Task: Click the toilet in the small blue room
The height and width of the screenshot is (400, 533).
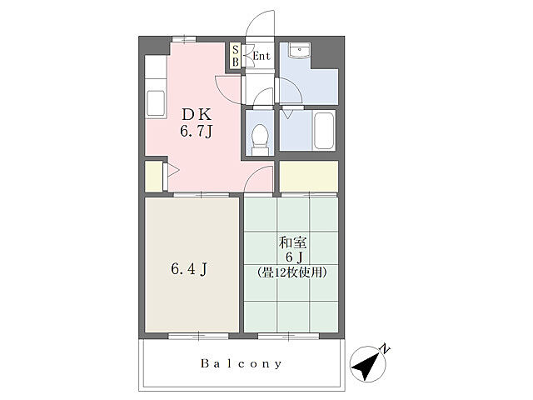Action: point(261,139)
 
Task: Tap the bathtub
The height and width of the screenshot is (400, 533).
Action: point(324,130)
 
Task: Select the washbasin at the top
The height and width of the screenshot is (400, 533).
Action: point(299,50)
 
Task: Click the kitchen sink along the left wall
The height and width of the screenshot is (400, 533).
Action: point(156,103)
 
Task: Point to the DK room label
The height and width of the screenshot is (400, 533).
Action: point(197,115)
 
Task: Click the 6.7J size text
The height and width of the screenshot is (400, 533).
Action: point(197,131)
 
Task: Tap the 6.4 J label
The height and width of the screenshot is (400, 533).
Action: point(189,269)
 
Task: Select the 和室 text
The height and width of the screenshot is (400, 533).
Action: point(292,242)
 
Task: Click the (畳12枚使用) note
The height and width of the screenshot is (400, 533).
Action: point(292,272)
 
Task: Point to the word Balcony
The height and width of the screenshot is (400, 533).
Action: point(242,363)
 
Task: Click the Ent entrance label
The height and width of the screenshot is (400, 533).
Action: point(262,56)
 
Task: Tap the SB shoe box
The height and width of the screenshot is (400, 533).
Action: point(235,56)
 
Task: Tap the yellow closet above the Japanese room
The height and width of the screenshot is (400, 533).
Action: point(309,177)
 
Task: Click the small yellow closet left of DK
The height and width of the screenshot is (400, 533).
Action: point(153,177)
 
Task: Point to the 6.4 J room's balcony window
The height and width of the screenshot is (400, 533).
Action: point(198,337)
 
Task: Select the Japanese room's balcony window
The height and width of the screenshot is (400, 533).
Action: point(288,337)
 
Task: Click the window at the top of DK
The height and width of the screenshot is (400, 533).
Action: point(183,39)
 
